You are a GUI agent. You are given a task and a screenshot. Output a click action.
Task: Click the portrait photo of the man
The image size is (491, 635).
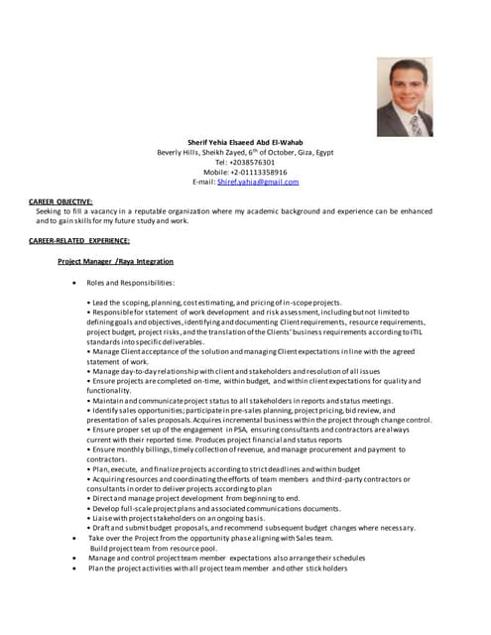[x=405, y=97]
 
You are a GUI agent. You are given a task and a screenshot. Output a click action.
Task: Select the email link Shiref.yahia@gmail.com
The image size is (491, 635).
[x=258, y=183]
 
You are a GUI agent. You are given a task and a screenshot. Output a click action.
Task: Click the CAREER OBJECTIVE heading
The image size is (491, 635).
[x=61, y=201]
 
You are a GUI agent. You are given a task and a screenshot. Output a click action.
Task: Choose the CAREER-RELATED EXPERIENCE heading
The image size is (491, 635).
[x=79, y=241]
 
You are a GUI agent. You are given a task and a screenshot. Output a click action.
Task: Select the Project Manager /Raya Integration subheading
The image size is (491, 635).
[x=115, y=261]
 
